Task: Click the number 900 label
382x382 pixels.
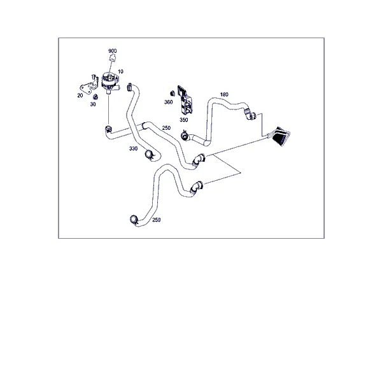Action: (112, 51)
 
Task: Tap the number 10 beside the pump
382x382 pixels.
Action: (120, 71)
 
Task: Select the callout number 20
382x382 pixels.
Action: (80, 95)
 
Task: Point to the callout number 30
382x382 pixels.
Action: (93, 104)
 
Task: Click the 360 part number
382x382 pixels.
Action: (168, 102)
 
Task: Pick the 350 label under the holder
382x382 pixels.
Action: (184, 120)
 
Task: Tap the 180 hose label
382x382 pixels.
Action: (224, 94)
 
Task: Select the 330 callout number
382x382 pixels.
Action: (133, 148)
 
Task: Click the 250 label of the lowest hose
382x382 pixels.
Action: (157, 220)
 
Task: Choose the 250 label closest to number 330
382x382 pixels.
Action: (166, 128)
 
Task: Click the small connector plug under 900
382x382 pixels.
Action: (112, 58)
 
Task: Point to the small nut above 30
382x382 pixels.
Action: (95, 97)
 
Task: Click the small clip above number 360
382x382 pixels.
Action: (173, 94)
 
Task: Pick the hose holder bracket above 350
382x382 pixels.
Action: (185, 100)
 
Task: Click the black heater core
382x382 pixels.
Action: (281, 136)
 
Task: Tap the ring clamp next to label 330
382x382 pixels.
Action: (149, 155)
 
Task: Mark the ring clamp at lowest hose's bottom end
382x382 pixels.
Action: (134, 219)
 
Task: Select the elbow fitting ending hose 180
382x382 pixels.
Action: (250, 115)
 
